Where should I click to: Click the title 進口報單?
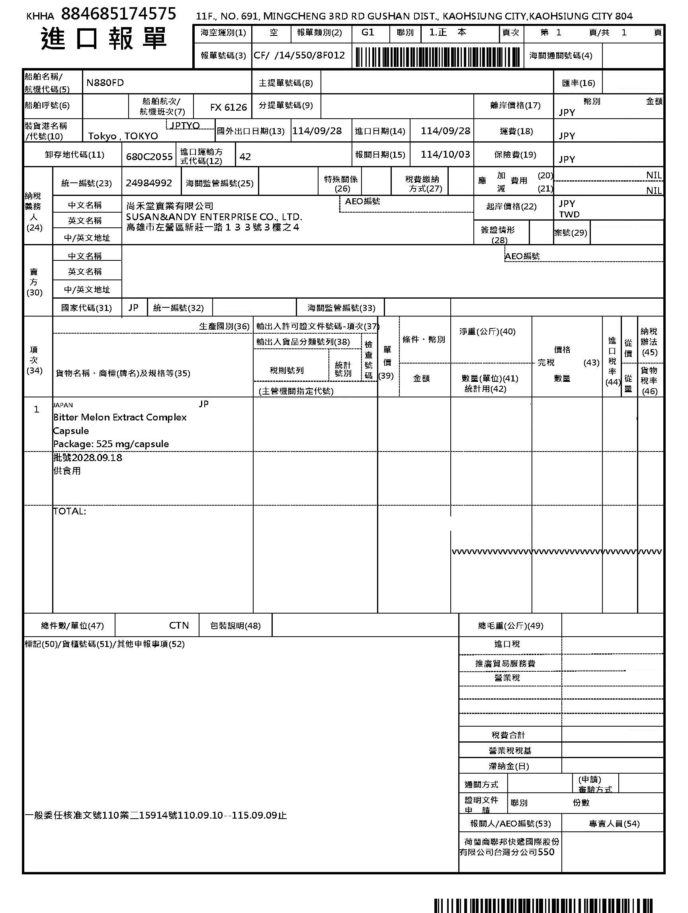point(104,39)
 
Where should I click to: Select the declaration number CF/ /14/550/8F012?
point(299,55)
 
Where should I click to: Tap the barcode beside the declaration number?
point(437,57)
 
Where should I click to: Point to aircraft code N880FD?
point(105,82)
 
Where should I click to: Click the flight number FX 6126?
point(228,108)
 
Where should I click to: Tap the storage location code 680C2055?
point(149,156)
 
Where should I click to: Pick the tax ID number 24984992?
point(149,183)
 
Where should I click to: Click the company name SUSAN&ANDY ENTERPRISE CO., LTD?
point(214,217)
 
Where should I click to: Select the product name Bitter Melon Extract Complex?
point(120,417)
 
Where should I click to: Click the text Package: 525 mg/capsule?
point(111,444)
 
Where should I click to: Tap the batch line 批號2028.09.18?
point(88,457)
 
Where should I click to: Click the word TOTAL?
point(69,511)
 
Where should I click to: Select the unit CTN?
point(179,625)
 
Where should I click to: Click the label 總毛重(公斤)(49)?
point(510,626)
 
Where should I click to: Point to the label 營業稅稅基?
point(510,751)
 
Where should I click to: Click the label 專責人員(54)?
point(614,823)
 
